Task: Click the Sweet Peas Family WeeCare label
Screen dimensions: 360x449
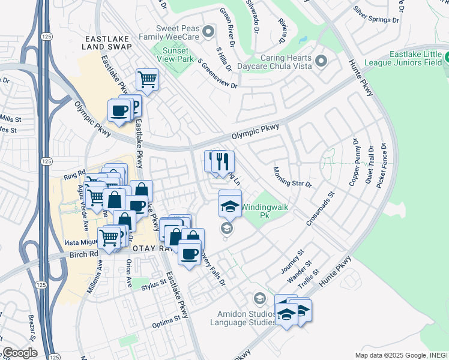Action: [x=169, y=32]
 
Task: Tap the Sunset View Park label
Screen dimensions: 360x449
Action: [x=173, y=55]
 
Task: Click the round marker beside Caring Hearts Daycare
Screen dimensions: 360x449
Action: [x=321, y=61]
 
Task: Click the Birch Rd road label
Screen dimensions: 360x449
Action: [x=85, y=254]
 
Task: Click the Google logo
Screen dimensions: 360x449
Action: [x=20, y=353]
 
